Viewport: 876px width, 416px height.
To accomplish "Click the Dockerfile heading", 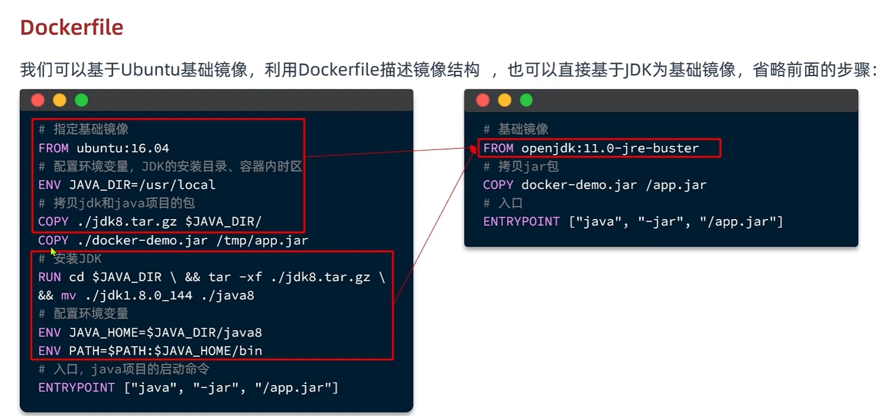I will [x=72, y=28].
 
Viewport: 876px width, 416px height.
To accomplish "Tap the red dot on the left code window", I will [x=38, y=100].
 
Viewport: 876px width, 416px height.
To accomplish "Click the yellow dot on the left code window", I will [x=60, y=100].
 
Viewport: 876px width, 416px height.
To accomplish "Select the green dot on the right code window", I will [x=526, y=100].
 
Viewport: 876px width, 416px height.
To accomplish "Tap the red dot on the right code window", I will [x=483, y=100].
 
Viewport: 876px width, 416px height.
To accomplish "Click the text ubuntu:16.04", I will [x=123, y=148].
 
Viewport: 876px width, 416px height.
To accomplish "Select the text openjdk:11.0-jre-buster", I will [x=610, y=148].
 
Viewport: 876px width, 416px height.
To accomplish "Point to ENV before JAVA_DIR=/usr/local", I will [x=49, y=185].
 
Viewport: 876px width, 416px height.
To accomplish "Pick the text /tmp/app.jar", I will [x=262, y=240].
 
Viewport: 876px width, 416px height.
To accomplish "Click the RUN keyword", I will [x=49, y=277].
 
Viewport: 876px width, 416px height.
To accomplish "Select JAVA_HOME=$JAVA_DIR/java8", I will [x=165, y=332].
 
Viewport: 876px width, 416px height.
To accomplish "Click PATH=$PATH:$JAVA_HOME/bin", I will [x=165, y=351].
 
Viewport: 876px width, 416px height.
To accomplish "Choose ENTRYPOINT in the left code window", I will [x=76, y=388].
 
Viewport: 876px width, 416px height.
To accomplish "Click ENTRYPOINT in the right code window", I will [x=521, y=222].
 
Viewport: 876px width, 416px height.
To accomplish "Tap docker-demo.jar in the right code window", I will [x=579, y=185].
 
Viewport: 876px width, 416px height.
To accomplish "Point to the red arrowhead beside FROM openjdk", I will [x=473, y=149].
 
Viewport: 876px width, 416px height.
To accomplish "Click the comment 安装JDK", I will [x=77, y=259].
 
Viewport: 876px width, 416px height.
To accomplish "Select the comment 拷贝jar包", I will [x=528, y=167].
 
